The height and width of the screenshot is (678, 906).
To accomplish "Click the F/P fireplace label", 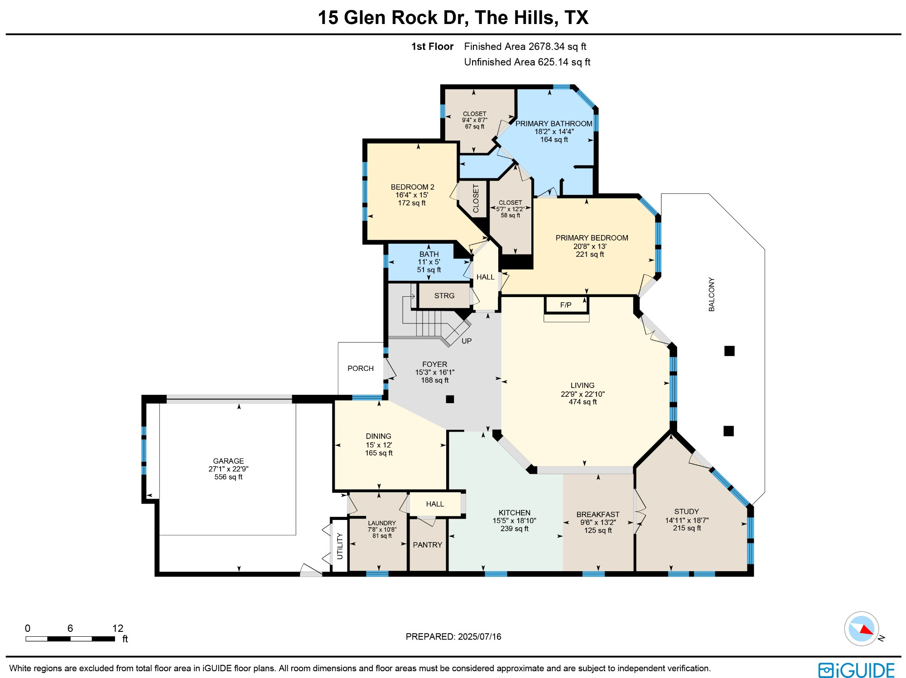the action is pos(566,305).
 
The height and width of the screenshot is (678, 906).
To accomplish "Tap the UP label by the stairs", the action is pos(467,341).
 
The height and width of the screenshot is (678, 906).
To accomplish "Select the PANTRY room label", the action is pos(427,545).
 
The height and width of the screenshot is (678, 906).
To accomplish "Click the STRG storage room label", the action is pos(444,296).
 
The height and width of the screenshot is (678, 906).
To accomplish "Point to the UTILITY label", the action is pos(340,546).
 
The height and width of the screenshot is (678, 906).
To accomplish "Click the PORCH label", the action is pos(361,369).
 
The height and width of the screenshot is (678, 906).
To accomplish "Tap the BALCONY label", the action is pos(712,294).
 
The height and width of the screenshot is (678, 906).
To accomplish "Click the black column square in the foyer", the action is pos(450,399).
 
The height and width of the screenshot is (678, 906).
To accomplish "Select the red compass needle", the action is pos(866,630).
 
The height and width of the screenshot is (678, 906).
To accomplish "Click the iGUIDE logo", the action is pos(856,670).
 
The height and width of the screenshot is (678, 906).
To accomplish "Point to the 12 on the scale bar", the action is pos(118,628).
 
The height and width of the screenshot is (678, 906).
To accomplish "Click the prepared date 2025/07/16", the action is pos(479,636).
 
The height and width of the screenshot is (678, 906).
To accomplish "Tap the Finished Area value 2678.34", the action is pos(547,47).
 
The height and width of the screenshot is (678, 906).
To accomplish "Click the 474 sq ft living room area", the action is pos(583,402).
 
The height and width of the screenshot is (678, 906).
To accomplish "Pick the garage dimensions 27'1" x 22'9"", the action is pos(228,469).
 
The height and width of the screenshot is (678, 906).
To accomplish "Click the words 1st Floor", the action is pos(432,47).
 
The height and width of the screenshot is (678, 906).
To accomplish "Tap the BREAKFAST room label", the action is pos(598,515).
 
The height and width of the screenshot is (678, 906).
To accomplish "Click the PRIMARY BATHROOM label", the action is pos(554,124).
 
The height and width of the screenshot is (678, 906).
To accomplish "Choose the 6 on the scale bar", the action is pos(70,628).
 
